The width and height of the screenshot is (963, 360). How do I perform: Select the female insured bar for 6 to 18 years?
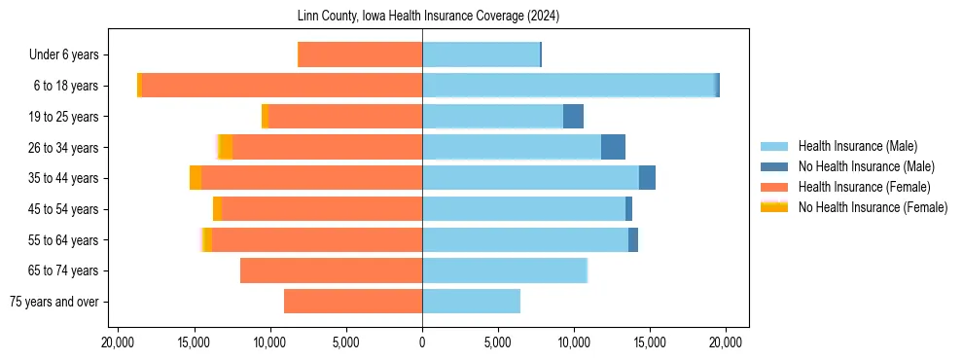pyautogui.click(x=282, y=86)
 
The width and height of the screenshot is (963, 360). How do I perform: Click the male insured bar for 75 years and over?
pyautogui.click(x=471, y=302)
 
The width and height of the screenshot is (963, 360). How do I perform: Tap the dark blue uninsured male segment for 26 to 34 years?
pyautogui.click(x=613, y=147)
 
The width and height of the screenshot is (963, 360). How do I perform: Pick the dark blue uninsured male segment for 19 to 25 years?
pyautogui.click(x=573, y=117)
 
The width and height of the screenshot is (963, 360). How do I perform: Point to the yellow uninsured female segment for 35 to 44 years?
pyautogui.click(x=196, y=178)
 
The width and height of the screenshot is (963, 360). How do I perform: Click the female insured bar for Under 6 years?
pyautogui.click(x=360, y=54)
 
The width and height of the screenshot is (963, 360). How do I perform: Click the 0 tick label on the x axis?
pyautogui.click(x=422, y=342)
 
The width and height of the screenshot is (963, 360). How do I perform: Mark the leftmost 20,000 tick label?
pyautogui.click(x=118, y=342)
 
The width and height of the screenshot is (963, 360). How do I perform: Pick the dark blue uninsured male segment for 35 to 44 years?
pyautogui.click(x=647, y=178)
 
